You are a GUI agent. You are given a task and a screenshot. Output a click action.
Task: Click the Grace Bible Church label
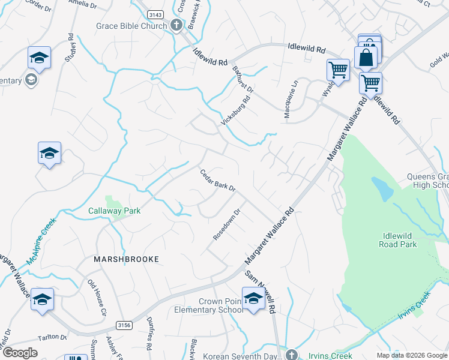pos(132,26)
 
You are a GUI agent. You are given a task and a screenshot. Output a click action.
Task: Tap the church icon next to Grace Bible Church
pos(176,26)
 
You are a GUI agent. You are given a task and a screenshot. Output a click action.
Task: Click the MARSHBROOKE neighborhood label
pos(126,259)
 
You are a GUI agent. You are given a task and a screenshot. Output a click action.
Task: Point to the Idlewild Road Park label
pos(398,240)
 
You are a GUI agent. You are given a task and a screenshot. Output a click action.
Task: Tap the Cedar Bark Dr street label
pos(217,180)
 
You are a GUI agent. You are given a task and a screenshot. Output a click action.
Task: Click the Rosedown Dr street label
pos(227,224)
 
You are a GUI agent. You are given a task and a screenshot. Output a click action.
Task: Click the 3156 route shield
pos(124,325)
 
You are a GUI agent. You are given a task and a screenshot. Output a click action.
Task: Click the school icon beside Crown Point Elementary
pos(254,298)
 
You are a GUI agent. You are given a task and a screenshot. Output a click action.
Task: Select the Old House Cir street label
pos(97,298)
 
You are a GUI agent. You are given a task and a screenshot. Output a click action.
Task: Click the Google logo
pos(20,353)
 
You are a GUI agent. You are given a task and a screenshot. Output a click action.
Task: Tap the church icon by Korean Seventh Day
pos(292,355)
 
